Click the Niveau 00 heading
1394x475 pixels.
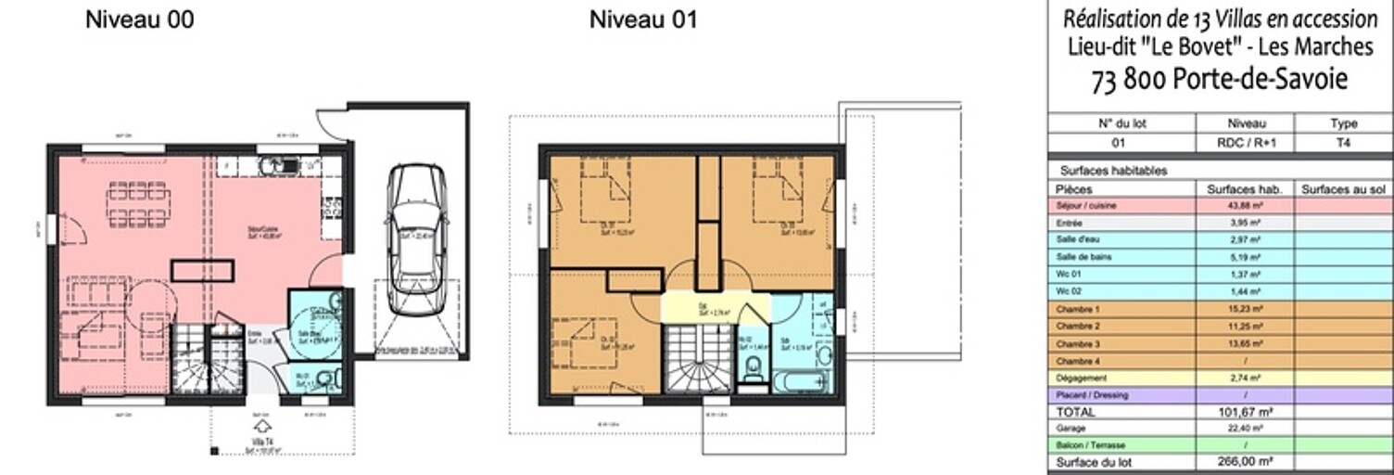[x=140, y=19]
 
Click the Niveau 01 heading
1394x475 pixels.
[x=643, y=19]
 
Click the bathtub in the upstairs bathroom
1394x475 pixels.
[x=801, y=382]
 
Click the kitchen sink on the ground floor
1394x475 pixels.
[x=277, y=166]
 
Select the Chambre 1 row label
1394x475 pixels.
[x=1074, y=309]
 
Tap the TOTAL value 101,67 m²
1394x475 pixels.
[x=1244, y=412]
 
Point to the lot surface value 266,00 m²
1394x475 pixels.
[x=1244, y=462]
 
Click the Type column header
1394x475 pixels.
[x=1343, y=123]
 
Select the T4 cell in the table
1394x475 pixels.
[x=1343, y=144]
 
